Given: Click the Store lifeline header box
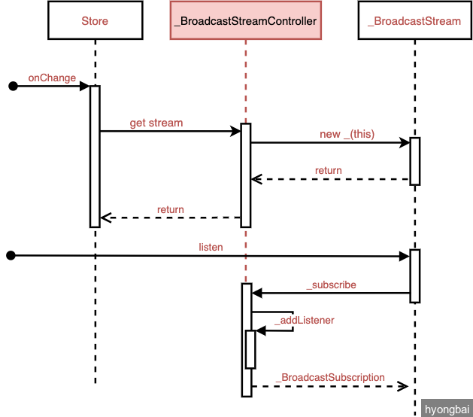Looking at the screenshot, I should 95,21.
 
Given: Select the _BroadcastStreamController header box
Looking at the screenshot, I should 245,21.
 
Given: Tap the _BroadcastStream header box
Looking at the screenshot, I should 414,21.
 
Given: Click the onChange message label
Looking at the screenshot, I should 52,77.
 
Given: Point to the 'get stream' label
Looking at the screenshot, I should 156,123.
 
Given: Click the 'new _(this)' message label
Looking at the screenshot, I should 347,134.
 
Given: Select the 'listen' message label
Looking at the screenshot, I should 211,247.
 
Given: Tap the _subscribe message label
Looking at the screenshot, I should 331,285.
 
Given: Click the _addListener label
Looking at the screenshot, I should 305,320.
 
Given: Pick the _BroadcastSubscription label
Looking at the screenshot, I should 329,377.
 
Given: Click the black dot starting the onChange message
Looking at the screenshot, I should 13,87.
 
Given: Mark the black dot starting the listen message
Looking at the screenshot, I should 11,256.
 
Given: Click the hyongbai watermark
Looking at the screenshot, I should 447,409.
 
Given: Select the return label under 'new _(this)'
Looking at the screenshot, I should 328,171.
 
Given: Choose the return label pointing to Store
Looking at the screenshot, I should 171,209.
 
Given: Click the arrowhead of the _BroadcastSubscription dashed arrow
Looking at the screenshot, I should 404,386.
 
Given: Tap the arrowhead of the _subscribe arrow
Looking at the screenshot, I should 256,293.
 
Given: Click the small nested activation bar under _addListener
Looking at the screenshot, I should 250,349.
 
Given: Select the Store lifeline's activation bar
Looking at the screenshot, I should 95,156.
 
